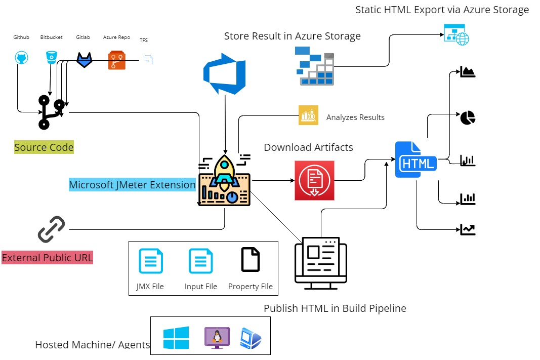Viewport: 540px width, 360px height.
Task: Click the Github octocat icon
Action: (x=21, y=58)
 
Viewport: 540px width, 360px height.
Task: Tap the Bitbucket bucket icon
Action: (x=51, y=57)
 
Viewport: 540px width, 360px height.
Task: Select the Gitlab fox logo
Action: (x=85, y=59)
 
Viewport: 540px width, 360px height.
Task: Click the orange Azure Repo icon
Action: (x=116, y=60)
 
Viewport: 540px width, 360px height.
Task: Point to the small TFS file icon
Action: (x=148, y=60)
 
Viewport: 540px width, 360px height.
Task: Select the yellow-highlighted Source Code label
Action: (x=44, y=148)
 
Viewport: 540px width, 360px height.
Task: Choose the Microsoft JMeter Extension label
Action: (x=132, y=185)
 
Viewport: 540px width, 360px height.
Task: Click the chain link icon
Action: (x=52, y=229)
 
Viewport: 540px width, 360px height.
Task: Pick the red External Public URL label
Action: (x=48, y=258)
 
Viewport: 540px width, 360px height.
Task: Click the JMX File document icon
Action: (x=151, y=261)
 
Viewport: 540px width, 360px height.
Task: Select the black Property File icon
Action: (x=251, y=260)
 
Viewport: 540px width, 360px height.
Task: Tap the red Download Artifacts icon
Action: (x=314, y=181)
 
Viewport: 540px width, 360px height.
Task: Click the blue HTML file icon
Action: (x=416, y=160)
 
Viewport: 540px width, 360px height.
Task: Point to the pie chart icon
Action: (x=468, y=118)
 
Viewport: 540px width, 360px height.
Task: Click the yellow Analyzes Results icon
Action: (x=308, y=115)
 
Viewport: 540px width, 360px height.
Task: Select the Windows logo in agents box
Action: (x=176, y=337)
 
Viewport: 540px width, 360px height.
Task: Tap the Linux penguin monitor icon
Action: (x=217, y=337)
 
